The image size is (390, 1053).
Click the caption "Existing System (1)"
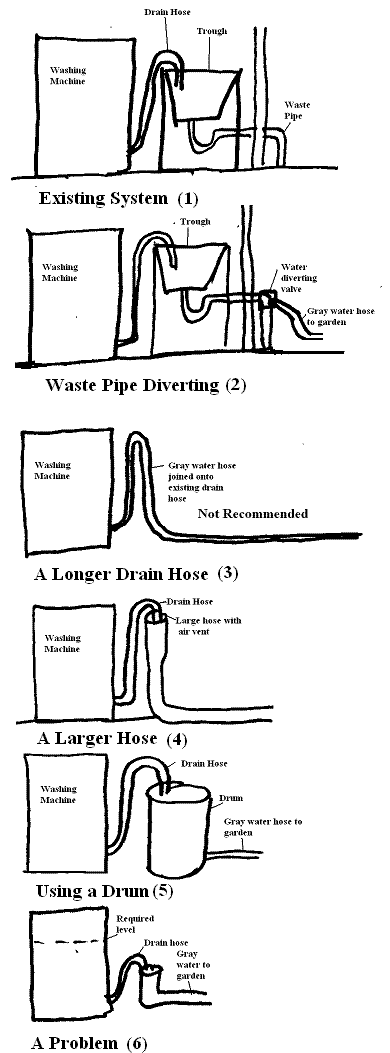pos(118,198)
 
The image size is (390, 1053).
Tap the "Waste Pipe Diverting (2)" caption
pos(145,385)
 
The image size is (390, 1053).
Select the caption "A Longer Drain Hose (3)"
pos(136,574)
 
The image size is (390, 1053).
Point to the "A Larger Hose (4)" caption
pos(112,739)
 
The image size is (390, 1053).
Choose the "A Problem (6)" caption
pos(89,1043)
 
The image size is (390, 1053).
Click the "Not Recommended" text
pos(253,514)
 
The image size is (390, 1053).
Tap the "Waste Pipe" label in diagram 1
pos(297,110)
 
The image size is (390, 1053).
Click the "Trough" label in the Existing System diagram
pos(211,31)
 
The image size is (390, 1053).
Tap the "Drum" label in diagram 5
pos(231,798)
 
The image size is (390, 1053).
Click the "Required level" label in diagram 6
pos(135,923)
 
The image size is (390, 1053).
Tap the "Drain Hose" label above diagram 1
pos(166,11)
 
